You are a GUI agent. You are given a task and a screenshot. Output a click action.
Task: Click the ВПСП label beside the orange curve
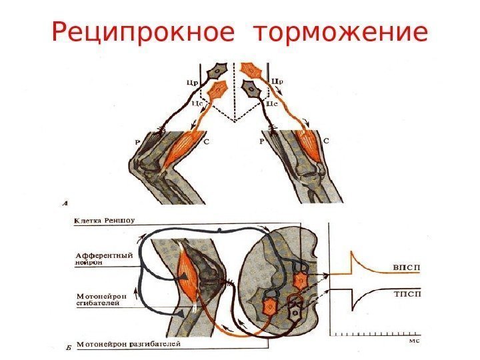click(403, 267)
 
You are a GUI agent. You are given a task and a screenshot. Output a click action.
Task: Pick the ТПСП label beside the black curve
click(403, 293)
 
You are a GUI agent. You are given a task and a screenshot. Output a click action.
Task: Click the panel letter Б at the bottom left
click(65, 346)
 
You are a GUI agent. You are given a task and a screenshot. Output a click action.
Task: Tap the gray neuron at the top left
click(219, 71)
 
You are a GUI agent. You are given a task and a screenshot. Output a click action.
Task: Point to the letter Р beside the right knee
click(262, 143)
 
